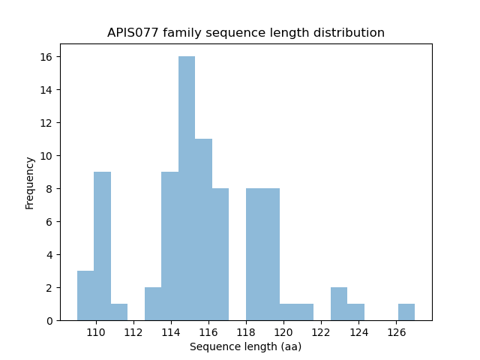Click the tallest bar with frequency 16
tap(187, 188)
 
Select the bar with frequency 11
tap(203, 229)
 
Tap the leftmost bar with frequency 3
tap(85, 295)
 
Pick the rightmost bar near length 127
tap(406, 312)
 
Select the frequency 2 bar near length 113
tap(153, 304)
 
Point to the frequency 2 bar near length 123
tap(338, 304)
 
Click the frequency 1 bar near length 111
tap(119, 312)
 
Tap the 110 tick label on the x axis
tap(96, 333)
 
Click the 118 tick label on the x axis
tap(246, 333)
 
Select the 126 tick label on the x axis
tap(396, 333)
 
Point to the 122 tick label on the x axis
tap(321, 333)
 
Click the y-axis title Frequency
tap(30, 182)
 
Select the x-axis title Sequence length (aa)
tap(245, 346)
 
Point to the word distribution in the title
tap(352, 33)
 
